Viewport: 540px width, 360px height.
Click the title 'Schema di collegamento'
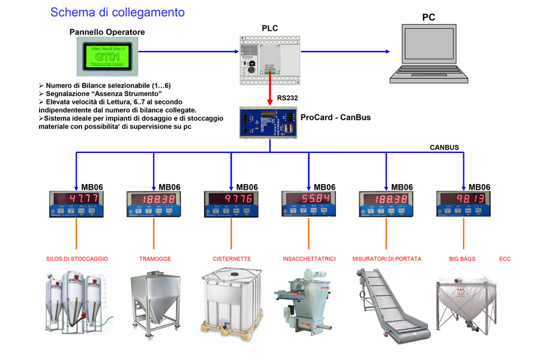click(117, 12)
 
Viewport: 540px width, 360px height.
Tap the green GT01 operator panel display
click(109, 56)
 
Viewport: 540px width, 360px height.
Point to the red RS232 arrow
click(269, 88)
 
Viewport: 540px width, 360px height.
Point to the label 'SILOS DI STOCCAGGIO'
click(77, 259)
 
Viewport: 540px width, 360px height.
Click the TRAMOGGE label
click(155, 259)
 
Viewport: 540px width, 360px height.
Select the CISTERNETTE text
click(232, 259)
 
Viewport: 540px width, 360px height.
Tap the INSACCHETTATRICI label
click(309, 259)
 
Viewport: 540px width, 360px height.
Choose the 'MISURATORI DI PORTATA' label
click(386, 259)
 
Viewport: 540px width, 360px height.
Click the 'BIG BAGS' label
click(462, 259)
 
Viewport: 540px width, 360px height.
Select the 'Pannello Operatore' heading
click(107, 32)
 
